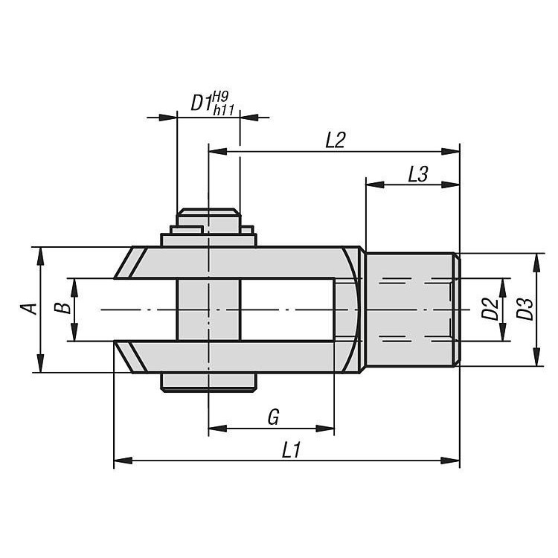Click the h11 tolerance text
pos(223,110)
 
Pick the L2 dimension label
pos(336,140)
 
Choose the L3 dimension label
pos(417,174)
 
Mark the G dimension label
pos(273,417)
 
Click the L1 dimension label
pos(291,450)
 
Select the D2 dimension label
pos(490,309)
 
